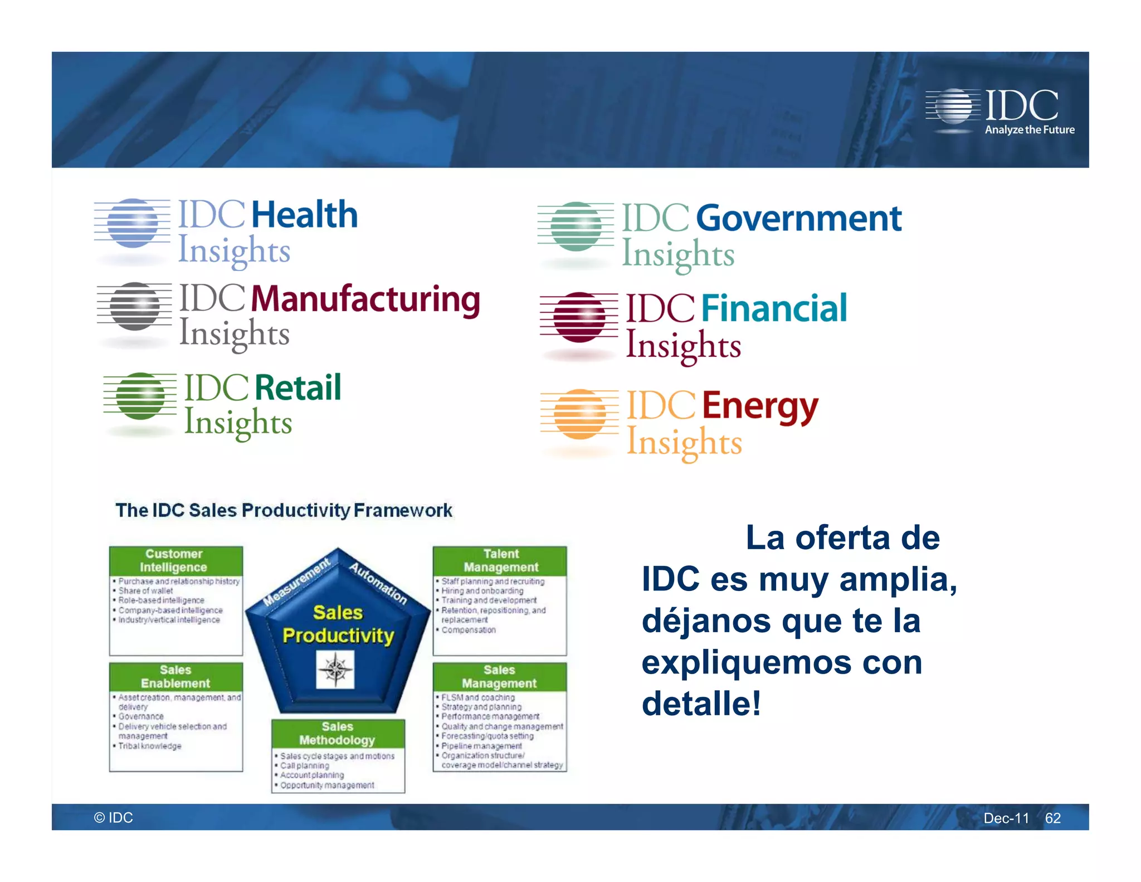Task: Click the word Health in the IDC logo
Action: [304, 215]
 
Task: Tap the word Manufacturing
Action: [365, 299]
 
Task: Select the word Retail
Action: [298, 388]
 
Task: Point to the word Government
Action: [798, 218]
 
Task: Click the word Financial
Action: [774, 308]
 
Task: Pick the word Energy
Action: [760, 406]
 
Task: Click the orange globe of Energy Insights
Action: [580, 414]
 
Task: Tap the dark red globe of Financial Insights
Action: [579, 317]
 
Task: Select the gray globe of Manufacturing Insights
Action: [134, 306]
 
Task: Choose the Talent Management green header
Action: [500, 561]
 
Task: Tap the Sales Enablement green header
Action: [175, 677]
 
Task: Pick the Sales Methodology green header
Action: [338, 733]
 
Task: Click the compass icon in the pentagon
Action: [335, 669]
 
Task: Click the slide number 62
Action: [1052, 818]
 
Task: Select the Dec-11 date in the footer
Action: [1006, 818]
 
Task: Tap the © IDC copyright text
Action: [114, 817]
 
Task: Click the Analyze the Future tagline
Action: [1030, 130]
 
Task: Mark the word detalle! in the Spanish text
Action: [701, 704]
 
